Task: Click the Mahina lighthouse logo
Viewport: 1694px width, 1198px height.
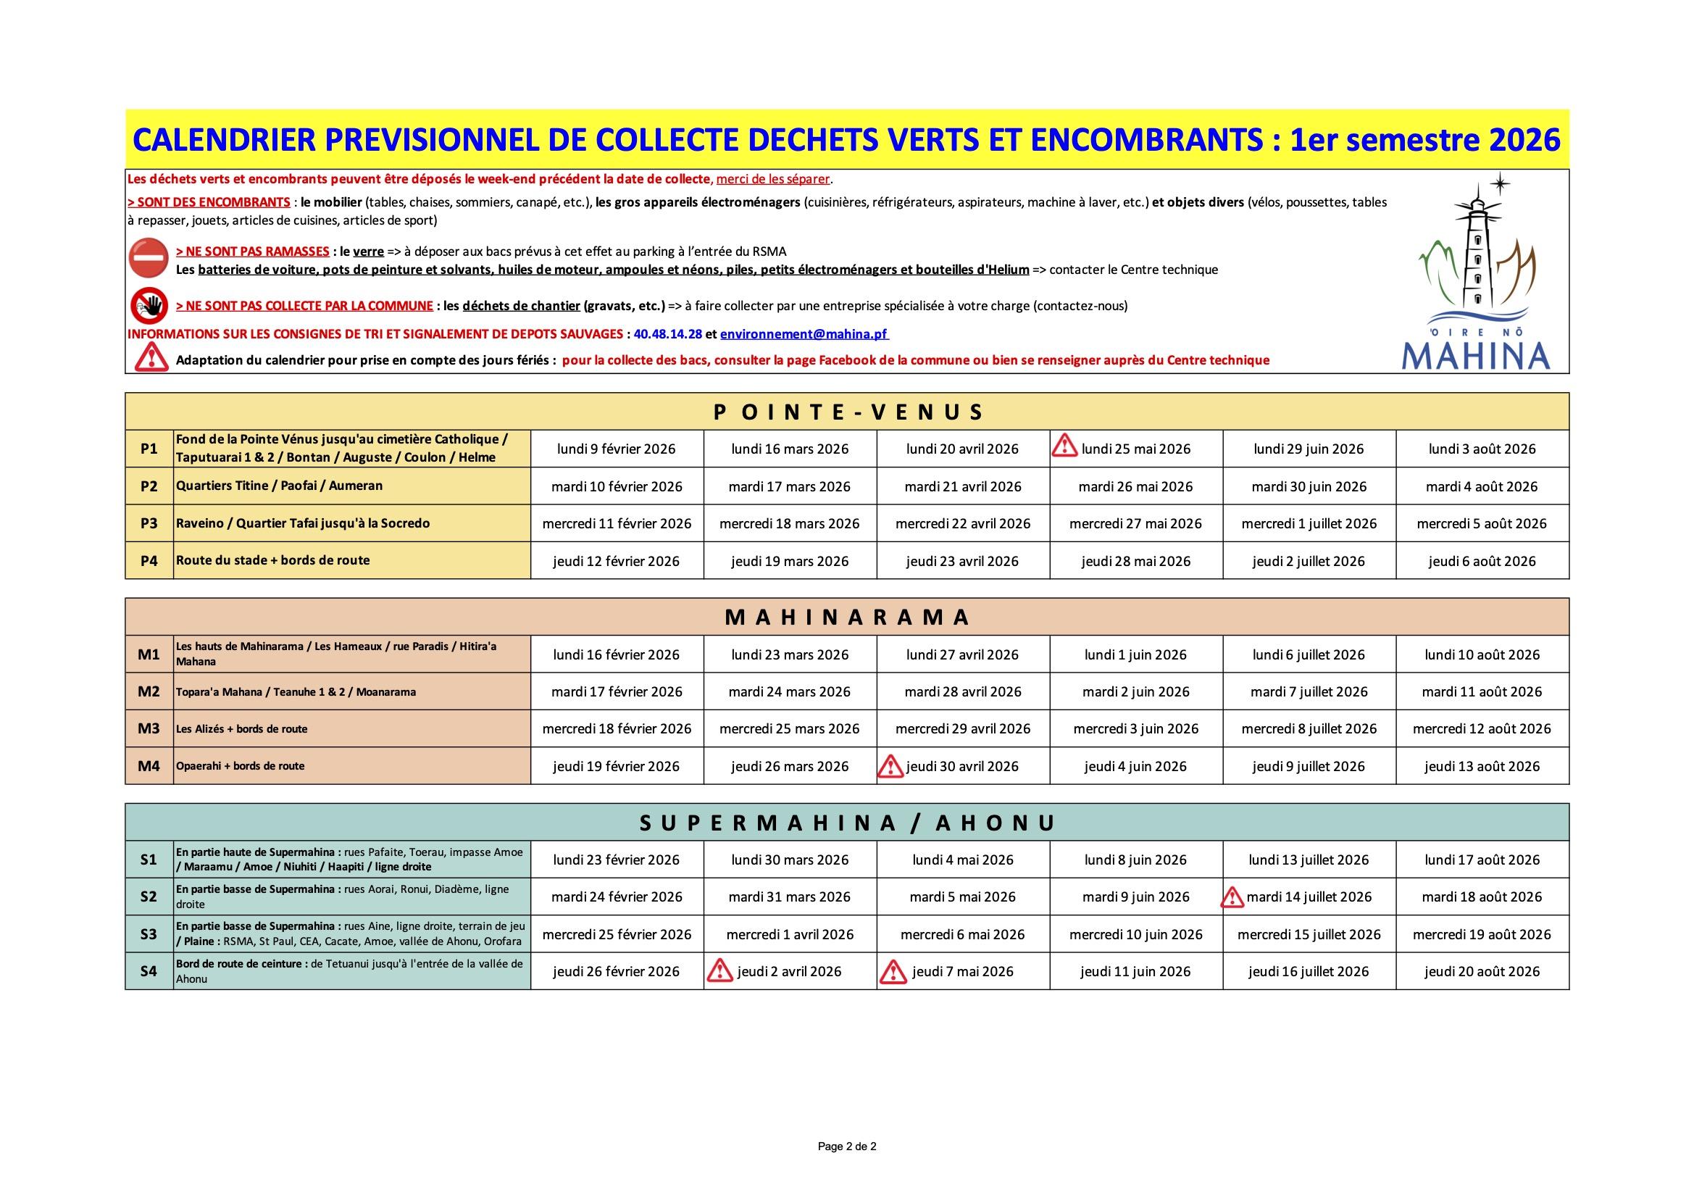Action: pos(1477,273)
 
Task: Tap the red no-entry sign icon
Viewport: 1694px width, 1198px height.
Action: pos(149,257)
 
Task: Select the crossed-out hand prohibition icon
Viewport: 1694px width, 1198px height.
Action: pos(149,305)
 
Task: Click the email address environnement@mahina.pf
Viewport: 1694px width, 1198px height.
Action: pos(804,333)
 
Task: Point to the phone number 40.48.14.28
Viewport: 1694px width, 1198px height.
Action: pos(668,333)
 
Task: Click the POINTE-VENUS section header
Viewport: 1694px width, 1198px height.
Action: pos(847,412)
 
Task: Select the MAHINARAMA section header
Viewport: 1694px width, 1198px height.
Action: pos(847,617)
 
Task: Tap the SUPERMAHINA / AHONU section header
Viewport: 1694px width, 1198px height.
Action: pos(847,823)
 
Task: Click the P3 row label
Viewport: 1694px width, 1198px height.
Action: pos(149,523)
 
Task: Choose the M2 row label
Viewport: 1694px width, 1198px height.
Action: pos(149,691)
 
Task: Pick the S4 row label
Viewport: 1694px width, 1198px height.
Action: pos(149,971)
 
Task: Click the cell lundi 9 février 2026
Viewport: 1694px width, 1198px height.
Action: pos(616,449)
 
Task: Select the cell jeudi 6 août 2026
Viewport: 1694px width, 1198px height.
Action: pos(1482,561)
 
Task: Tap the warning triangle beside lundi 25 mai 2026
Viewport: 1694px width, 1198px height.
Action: pos(1064,446)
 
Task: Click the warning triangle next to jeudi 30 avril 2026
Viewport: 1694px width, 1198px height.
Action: pos(890,766)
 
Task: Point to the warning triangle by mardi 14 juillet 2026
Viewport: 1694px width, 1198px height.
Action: pos(1232,897)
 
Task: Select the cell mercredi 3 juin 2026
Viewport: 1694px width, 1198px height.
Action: pos(1135,728)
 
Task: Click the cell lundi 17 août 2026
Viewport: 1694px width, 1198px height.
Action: pos(1482,860)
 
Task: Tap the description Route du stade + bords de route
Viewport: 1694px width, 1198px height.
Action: pos(273,560)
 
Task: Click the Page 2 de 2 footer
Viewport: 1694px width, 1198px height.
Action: pos(847,1147)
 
